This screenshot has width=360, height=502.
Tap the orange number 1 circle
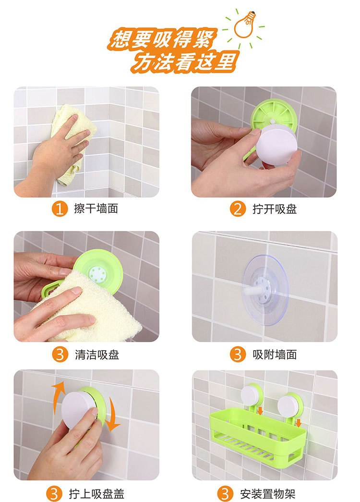(x=60, y=209)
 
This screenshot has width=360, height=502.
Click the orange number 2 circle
(x=238, y=209)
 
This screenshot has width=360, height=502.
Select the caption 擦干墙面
(x=96, y=209)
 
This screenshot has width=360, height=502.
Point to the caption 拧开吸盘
(x=275, y=209)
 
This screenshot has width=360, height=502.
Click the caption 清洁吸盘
(x=97, y=355)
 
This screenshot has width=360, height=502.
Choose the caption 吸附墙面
(x=275, y=355)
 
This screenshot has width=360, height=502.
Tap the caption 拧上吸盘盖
(x=96, y=494)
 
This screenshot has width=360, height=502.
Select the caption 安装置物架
(x=267, y=494)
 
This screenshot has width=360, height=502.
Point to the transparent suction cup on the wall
(x=265, y=290)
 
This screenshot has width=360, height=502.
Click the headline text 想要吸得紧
(x=163, y=39)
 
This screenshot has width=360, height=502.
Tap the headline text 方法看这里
(x=185, y=61)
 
